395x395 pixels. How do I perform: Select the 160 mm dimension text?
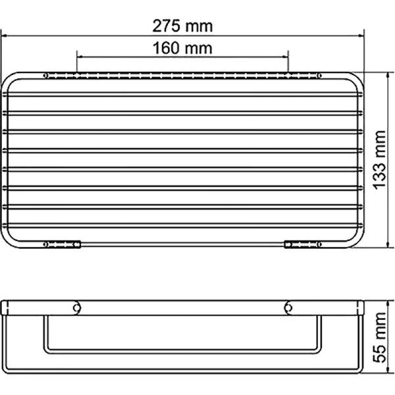[x=182, y=48]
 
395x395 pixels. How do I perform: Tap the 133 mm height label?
[x=379, y=161]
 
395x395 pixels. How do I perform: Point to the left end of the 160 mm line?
[x=77, y=57]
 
